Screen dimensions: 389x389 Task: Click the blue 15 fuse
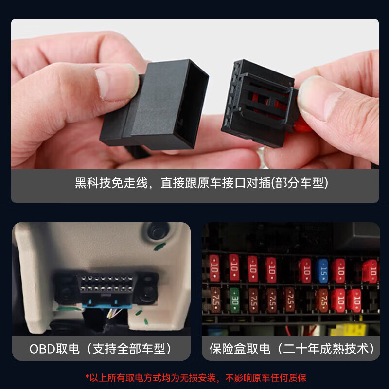pyautogui.click(x=322, y=269)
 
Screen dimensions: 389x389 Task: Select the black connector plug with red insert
pyautogui.click(x=259, y=103)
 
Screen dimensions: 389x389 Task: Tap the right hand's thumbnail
pyautogui.click(x=317, y=97)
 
